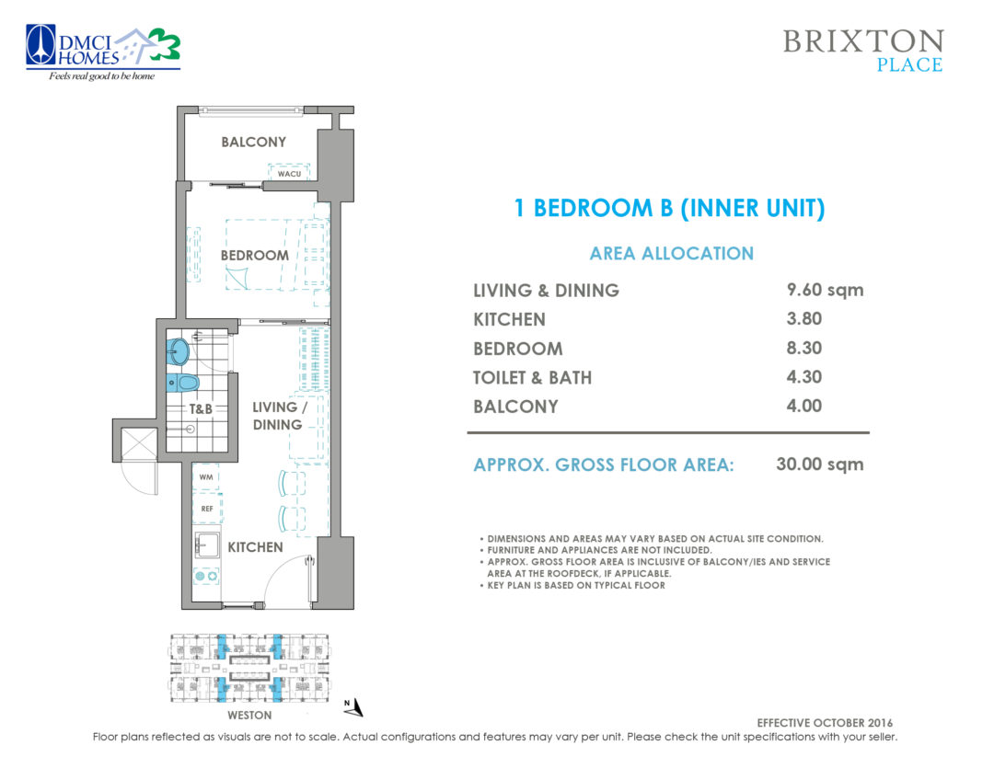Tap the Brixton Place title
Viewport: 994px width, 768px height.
pyautogui.click(x=862, y=51)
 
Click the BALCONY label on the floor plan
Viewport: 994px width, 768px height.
pyautogui.click(x=253, y=142)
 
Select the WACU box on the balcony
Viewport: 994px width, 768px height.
pyautogui.click(x=289, y=172)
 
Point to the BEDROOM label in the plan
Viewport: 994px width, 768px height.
pyautogui.click(x=254, y=255)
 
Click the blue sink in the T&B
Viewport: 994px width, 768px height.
pyautogui.click(x=179, y=351)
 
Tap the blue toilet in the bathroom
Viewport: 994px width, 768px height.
pyautogui.click(x=183, y=382)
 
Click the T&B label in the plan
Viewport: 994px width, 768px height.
pyautogui.click(x=202, y=409)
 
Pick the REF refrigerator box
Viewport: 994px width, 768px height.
pyautogui.click(x=206, y=508)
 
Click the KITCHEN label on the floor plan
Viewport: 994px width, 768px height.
pyautogui.click(x=255, y=547)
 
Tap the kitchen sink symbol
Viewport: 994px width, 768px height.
pyautogui.click(x=205, y=545)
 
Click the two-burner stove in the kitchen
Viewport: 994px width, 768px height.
pyautogui.click(x=205, y=576)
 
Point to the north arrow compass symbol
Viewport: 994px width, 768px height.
pyautogui.click(x=354, y=707)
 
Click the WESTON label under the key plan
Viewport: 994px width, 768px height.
pyautogui.click(x=248, y=715)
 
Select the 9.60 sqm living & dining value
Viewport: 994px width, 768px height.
pyautogui.click(x=825, y=290)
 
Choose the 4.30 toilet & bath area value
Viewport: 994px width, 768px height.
pyautogui.click(x=803, y=376)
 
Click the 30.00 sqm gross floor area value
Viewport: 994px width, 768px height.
pyautogui.click(x=819, y=464)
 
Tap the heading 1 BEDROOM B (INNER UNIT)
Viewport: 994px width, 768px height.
pyautogui.click(x=669, y=209)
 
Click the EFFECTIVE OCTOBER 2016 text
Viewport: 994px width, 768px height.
pyautogui.click(x=824, y=723)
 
